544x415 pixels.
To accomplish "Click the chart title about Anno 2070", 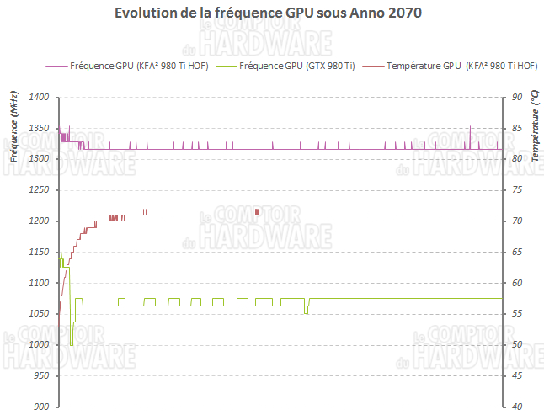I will pos(267,14).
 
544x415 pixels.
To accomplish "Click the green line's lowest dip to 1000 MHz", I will pos(72,344).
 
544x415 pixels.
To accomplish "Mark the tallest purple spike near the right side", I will pos(470,127).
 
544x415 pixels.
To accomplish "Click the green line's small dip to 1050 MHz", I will pos(306,313).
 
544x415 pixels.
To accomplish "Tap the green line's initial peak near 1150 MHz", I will pos(61,252).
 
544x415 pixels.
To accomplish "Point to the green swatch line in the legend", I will pos(227,65).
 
